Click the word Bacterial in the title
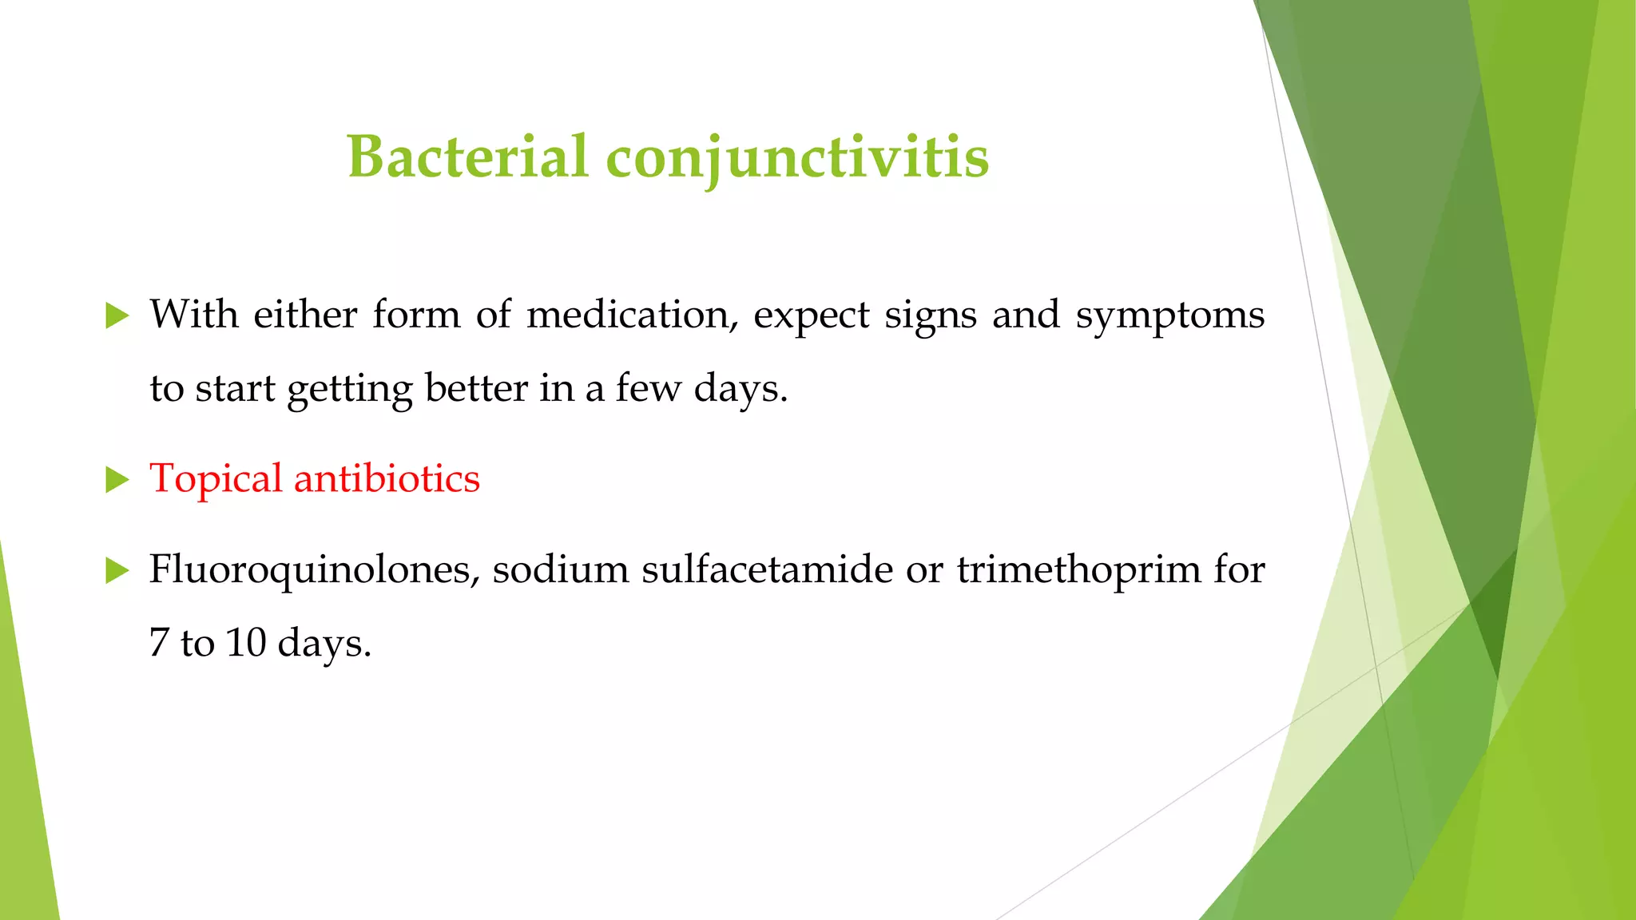[x=468, y=157]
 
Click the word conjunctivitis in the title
[x=797, y=158]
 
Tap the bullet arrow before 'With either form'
[x=117, y=316]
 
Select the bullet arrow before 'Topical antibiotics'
[x=117, y=480]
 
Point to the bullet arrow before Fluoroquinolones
[x=117, y=571]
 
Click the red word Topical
[x=216, y=479]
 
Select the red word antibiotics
[x=387, y=478]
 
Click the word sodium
[x=560, y=569]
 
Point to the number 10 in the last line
[x=246, y=643]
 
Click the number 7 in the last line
[x=158, y=643]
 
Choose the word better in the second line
[x=476, y=388]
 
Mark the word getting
[x=350, y=390]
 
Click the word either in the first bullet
[x=305, y=315]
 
